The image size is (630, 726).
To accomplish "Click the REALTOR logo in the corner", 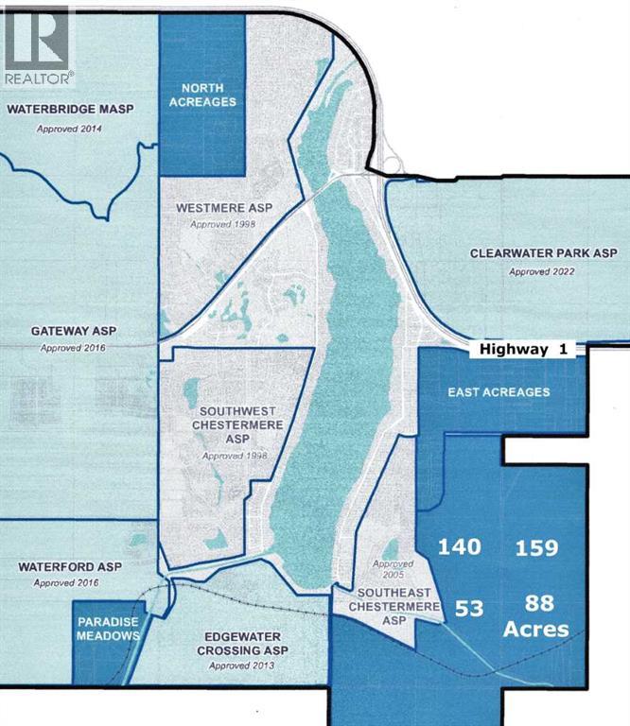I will click(36, 43).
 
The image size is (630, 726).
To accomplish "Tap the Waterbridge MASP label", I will click(70, 110).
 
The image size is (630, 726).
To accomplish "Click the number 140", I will click(458, 547).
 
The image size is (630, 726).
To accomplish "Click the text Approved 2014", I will click(69, 128).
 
